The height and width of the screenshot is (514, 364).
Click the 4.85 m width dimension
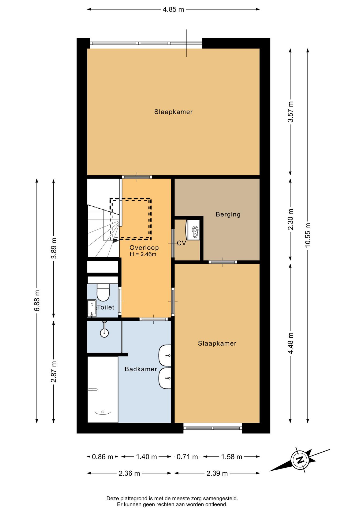tap(173, 9)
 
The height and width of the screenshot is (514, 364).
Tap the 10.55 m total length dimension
tap(308, 235)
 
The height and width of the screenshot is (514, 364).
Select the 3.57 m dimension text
tap(291, 112)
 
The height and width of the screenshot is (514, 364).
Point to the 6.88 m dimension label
tap(37, 300)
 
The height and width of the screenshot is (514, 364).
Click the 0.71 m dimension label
tap(187, 457)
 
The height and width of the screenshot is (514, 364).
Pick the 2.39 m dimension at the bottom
tap(217, 473)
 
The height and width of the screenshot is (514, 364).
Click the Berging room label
tap(228, 214)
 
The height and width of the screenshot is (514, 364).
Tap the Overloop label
tap(144, 248)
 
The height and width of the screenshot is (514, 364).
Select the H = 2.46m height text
tap(143, 254)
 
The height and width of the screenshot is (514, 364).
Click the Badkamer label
tap(141, 369)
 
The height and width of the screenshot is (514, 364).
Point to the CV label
tap(181, 243)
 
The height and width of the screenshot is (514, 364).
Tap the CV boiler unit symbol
tap(193, 230)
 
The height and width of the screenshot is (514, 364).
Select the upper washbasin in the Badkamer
tap(165, 356)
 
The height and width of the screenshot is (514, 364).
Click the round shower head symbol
tap(104, 333)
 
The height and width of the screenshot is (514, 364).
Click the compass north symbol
tap(300, 460)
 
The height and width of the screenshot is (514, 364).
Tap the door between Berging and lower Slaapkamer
tap(223, 262)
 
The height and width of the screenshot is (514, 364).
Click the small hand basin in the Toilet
tap(92, 308)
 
